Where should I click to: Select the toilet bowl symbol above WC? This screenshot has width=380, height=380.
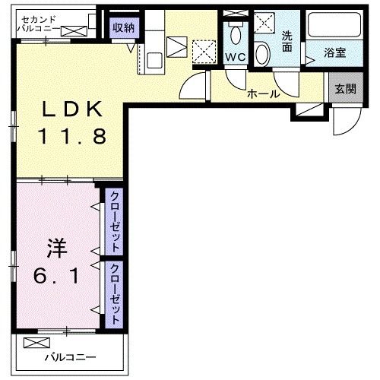tap(235, 34)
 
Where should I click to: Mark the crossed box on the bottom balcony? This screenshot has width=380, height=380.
tap(35, 343)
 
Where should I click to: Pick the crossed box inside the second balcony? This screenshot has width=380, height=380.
tap(75, 31)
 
